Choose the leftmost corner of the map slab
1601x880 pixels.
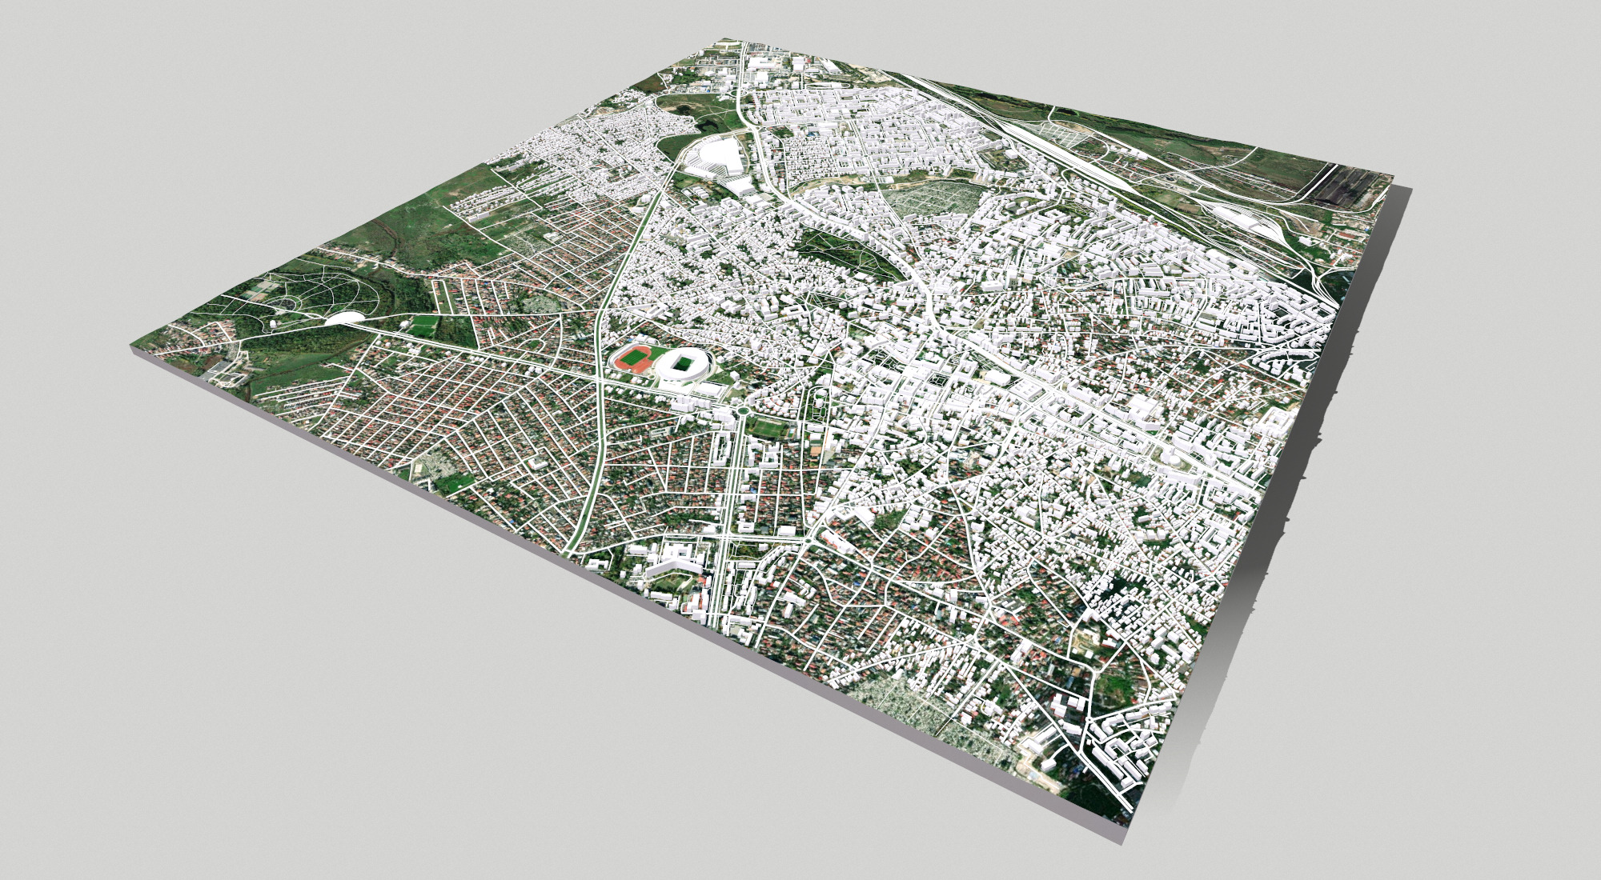pyautogui.click(x=130, y=346)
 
